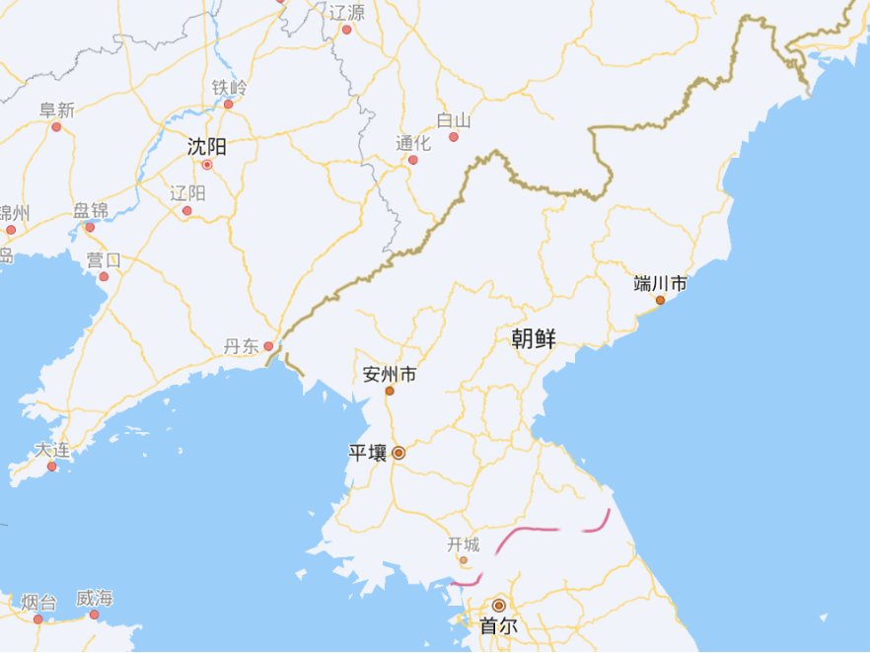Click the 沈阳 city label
(207, 147)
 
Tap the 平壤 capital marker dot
(399, 453)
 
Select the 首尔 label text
(496, 625)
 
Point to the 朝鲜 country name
(534, 338)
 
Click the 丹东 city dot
(268, 346)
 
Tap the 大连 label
(52, 450)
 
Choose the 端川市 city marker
(661, 299)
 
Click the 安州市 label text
(390, 375)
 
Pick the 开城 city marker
(464, 561)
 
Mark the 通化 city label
(413, 142)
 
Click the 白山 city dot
(454, 137)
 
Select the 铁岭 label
(229, 88)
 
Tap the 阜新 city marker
(56, 127)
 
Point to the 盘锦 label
(90, 210)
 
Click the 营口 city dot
(104, 276)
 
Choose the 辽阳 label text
(186, 193)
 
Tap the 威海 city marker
(95, 615)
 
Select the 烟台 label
(38, 602)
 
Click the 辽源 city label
(346, 13)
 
